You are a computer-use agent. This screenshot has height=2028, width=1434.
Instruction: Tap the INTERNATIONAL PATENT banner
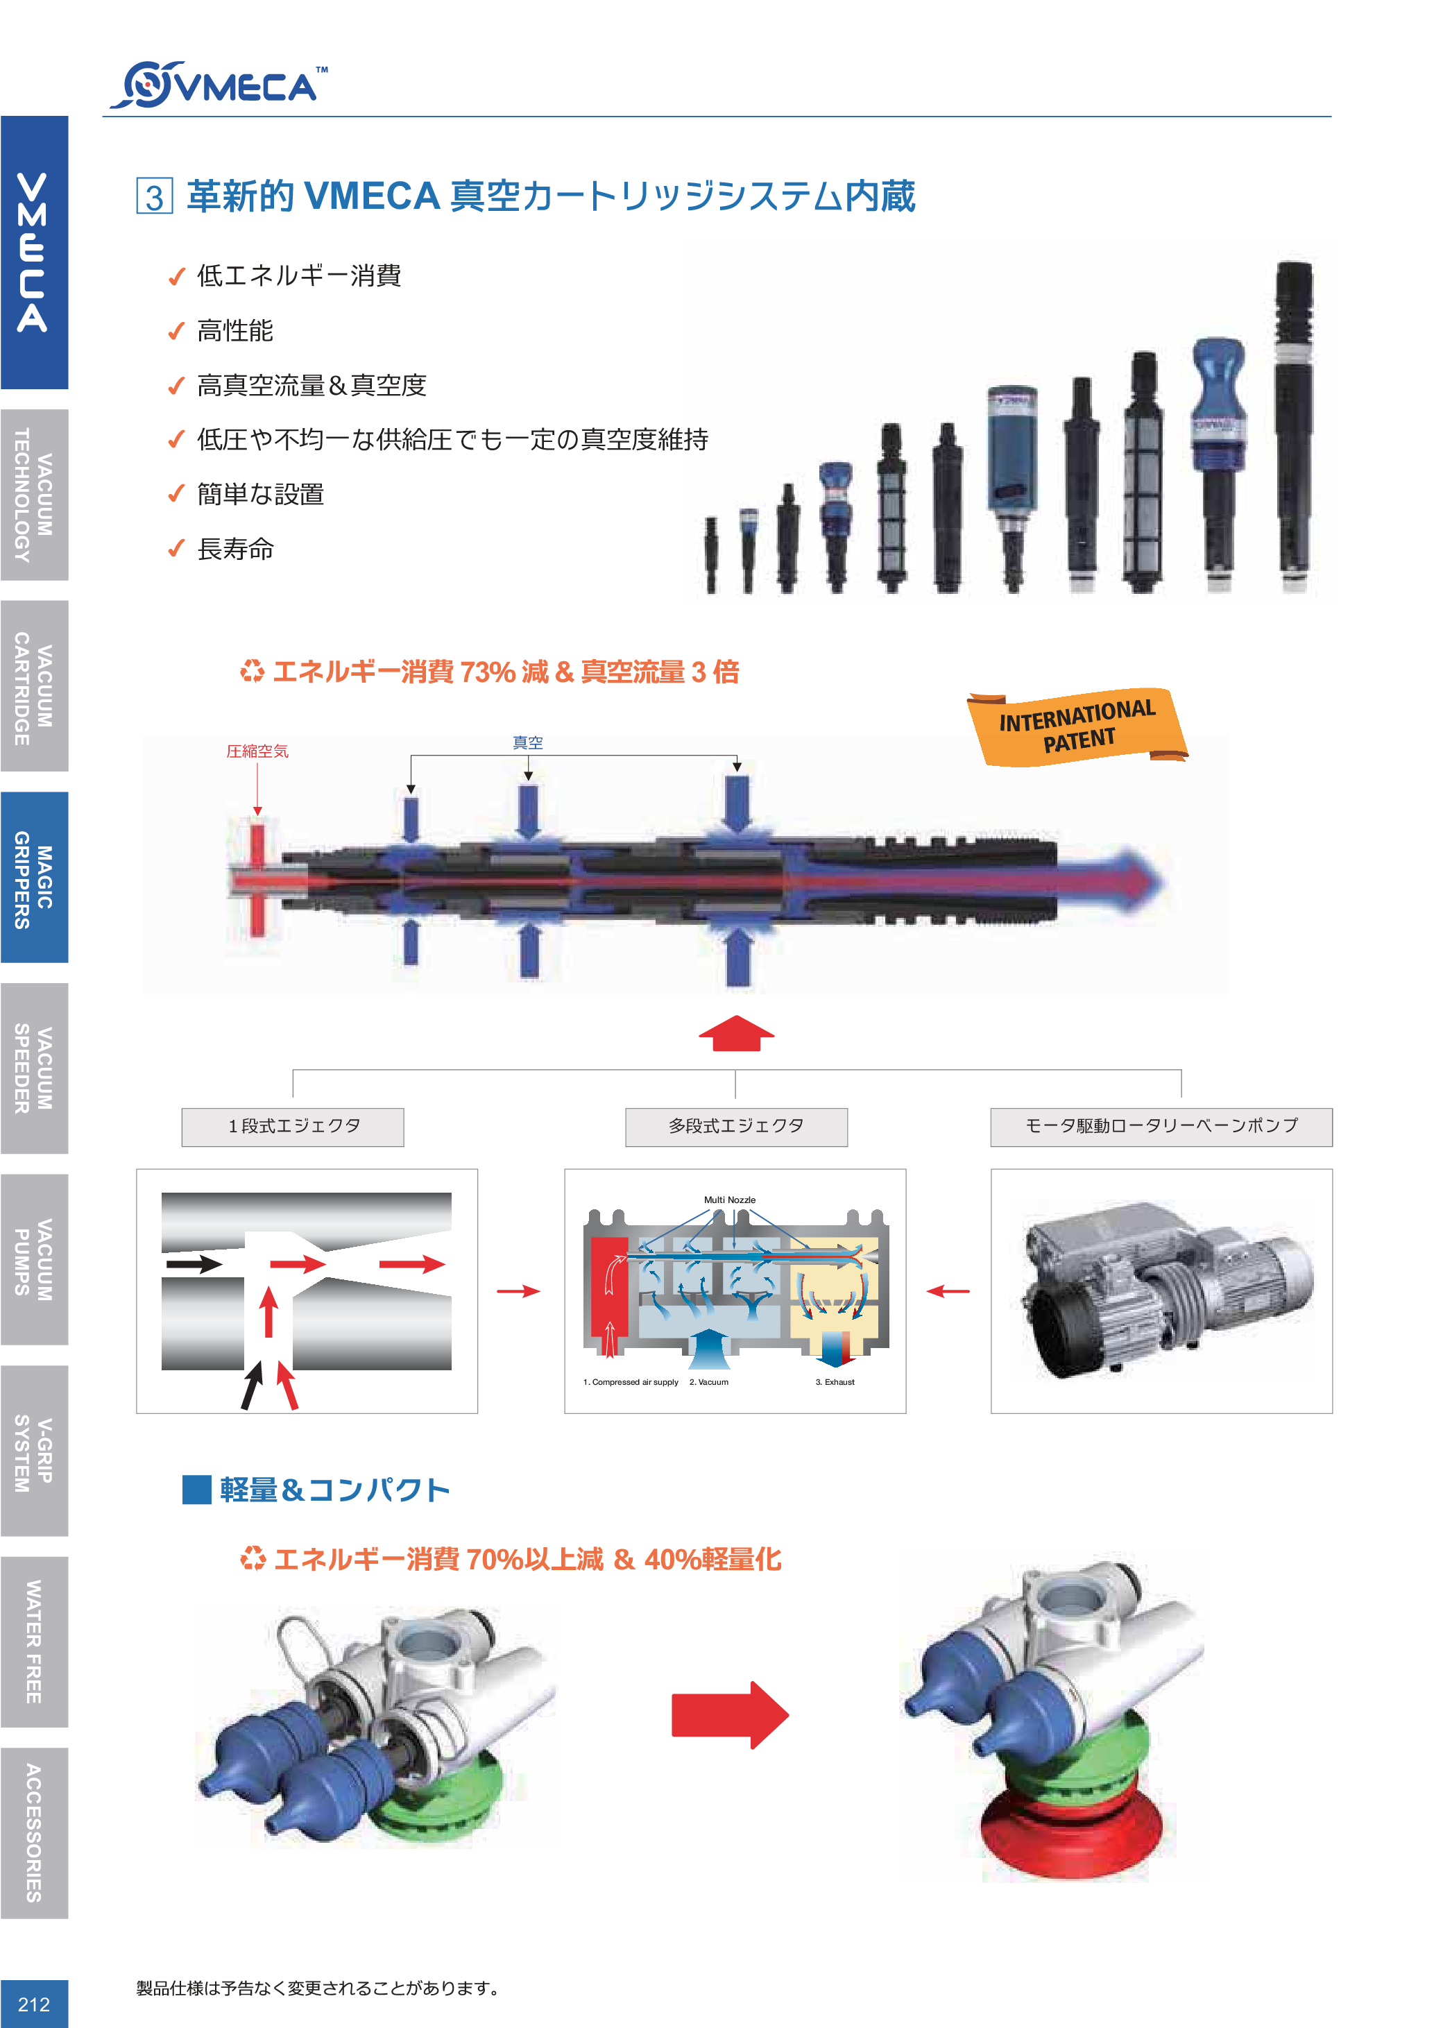[1077, 726]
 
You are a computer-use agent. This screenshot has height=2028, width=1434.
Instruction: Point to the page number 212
[33, 2003]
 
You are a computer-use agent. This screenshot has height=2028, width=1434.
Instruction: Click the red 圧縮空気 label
[258, 751]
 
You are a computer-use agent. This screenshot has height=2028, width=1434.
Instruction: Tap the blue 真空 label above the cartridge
[528, 743]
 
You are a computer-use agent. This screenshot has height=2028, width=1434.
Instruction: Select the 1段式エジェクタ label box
[293, 1127]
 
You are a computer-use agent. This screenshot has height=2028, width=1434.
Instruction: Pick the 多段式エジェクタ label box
[737, 1127]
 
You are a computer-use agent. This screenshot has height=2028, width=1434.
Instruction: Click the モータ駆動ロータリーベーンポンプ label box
[1161, 1127]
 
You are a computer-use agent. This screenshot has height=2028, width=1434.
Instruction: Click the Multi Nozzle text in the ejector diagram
[729, 1200]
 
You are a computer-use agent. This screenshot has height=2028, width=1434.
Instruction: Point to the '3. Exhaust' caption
[835, 1381]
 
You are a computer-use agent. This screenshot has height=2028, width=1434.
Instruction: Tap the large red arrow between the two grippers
[729, 1714]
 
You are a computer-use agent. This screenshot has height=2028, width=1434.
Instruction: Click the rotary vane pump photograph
[1162, 1290]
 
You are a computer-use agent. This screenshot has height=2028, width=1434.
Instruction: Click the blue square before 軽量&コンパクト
[196, 1489]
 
